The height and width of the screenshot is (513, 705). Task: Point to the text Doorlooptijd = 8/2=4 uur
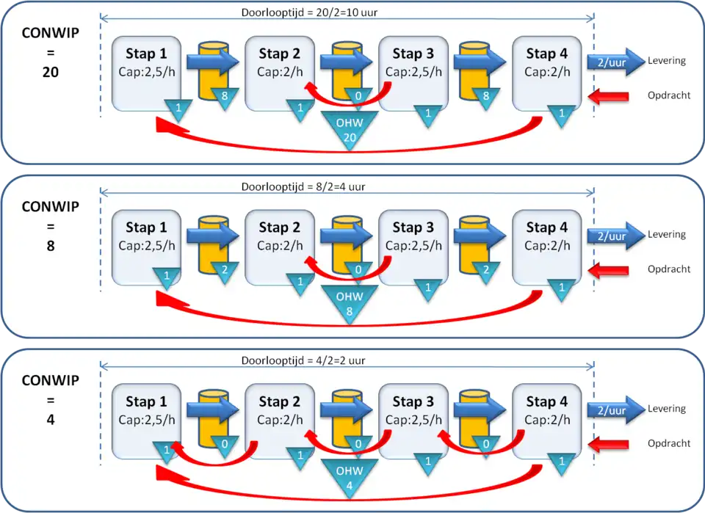tap(303, 186)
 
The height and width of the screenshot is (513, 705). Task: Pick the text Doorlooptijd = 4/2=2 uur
tap(303, 360)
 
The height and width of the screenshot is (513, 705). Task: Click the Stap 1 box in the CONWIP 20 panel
tap(145, 70)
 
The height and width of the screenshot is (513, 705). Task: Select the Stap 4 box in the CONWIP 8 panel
tap(546, 244)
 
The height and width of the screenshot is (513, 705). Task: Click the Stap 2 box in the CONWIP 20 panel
tap(279, 70)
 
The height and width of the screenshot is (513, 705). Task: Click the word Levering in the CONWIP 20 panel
tap(666, 61)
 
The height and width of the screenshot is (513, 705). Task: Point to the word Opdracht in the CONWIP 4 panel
tap(669, 443)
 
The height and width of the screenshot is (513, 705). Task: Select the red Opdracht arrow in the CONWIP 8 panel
tap(609, 270)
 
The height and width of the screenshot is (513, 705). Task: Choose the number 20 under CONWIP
tap(50, 73)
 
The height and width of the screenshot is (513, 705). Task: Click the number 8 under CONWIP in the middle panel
tap(50, 247)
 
